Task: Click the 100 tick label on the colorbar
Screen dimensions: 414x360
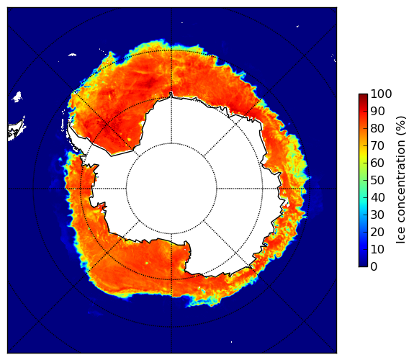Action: pyautogui.click(x=381, y=94)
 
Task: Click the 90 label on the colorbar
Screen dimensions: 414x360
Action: pyautogui.click(x=377, y=111)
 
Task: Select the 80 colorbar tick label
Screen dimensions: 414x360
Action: pyautogui.click(x=377, y=128)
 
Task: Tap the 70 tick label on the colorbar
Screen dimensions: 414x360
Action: pyautogui.click(x=377, y=145)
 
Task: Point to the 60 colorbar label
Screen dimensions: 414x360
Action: pyautogui.click(x=377, y=163)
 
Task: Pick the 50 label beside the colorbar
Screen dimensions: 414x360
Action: pyautogui.click(x=377, y=181)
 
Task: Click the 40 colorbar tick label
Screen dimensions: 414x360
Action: pyautogui.click(x=377, y=197)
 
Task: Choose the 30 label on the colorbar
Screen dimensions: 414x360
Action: pyautogui.click(x=377, y=215)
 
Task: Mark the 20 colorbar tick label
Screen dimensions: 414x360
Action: pyautogui.click(x=377, y=232)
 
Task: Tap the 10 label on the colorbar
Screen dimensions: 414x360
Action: pyautogui.click(x=377, y=249)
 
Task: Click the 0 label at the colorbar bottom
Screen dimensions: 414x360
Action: pyautogui.click(x=374, y=267)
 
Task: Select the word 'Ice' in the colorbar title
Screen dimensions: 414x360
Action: pyautogui.click(x=401, y=238)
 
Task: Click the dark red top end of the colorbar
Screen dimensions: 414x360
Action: pyautogui.click(x=363, y=95)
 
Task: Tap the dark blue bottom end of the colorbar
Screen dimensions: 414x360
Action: pyautogui.click(x=363, y=265)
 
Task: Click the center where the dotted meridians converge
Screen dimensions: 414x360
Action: pyautogui.click(x=171, y=189)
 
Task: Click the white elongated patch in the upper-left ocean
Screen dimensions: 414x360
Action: pyautogui.click(x=72, y=55)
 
